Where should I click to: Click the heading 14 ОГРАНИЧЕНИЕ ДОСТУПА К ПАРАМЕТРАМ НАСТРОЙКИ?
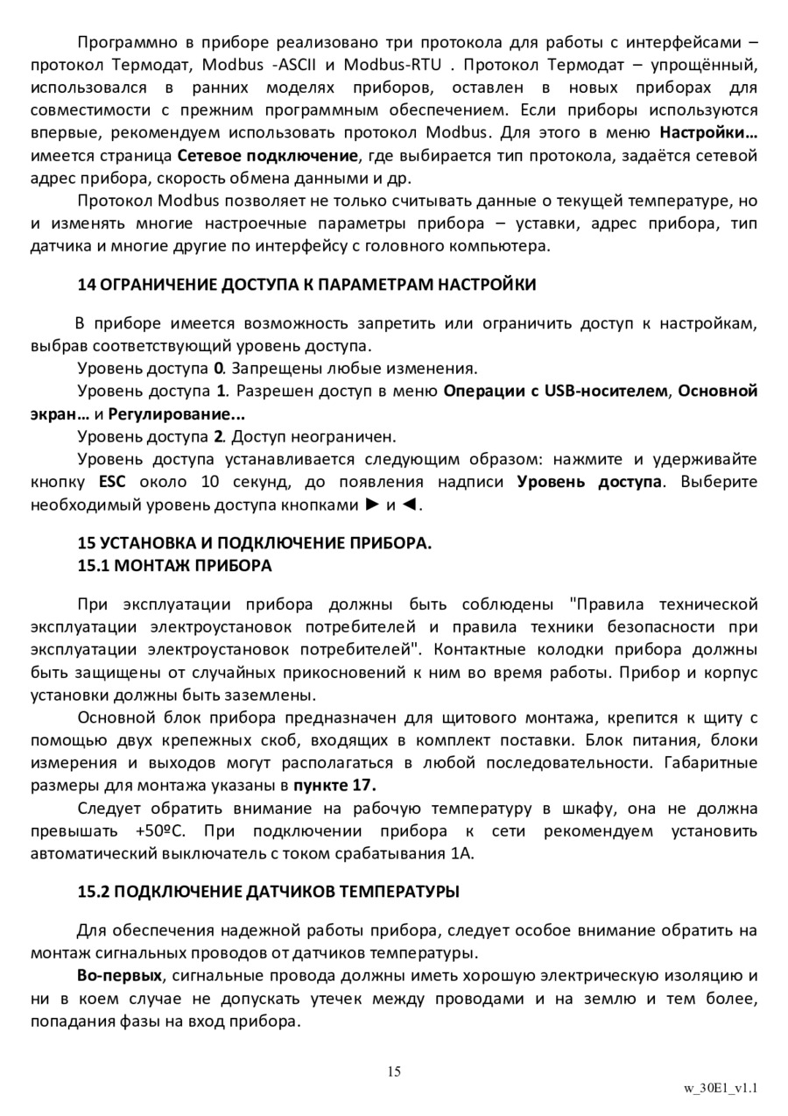306,285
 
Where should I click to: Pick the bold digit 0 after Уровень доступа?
219,367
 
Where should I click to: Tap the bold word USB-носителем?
605,390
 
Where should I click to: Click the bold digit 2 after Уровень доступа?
219,435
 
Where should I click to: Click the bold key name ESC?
113,482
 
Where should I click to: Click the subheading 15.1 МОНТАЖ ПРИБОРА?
175,566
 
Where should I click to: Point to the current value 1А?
463,853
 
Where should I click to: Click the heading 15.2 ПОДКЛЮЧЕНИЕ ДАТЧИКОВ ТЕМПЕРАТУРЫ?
268,893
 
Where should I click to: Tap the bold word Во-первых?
119,975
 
